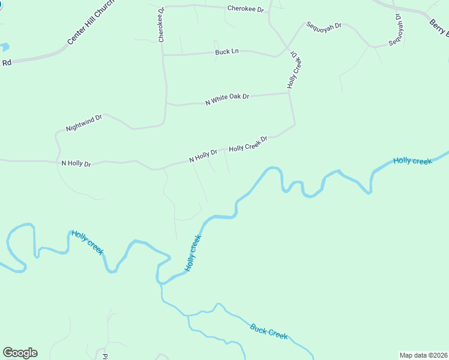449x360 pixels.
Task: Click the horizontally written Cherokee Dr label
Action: click(246, 9)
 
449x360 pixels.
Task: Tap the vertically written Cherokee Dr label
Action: click(161, 25)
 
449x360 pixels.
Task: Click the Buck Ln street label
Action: click(227, 52)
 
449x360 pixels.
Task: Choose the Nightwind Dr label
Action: click(84, 123)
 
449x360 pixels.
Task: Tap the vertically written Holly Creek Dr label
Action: click(294, 70)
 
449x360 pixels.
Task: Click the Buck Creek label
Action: click(269, 332)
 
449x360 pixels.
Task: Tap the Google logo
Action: click(20, 353)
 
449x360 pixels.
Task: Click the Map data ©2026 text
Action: click(423, 355)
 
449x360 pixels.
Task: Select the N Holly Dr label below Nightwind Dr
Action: click(76, 163)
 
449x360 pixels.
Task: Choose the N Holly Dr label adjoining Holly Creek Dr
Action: click(203, 155)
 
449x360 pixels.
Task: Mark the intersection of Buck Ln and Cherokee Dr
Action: click(163, 55)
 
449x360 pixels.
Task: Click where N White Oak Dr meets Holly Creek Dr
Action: click(291, 93)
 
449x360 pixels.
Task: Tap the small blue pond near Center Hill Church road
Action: click(5, 47)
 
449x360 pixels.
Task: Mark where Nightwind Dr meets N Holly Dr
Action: click(58, 161)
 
